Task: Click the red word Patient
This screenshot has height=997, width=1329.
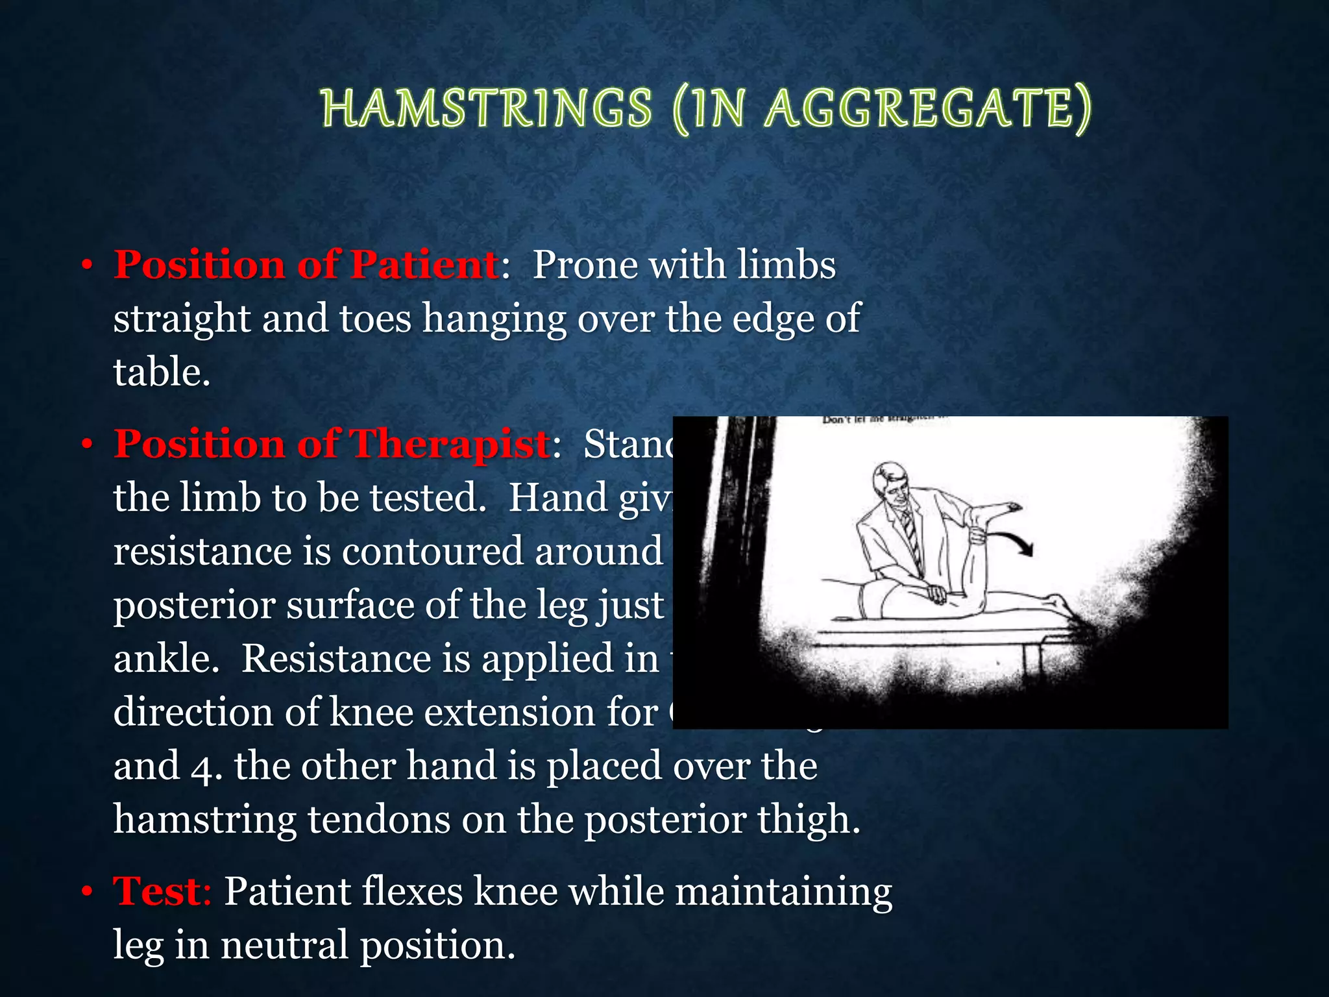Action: click(x=424, y=265)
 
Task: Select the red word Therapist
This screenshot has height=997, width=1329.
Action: click(x=450, y=444)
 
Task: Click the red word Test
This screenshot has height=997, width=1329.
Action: click(x=158, y=891)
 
